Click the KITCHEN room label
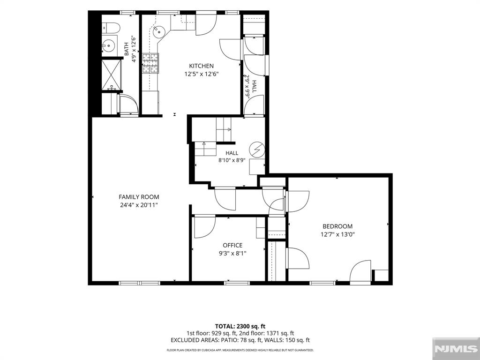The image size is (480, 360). coord(201,66)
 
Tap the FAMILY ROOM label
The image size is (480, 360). coord(139,197)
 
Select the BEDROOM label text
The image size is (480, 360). coord(337,226)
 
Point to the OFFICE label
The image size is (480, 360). coord(232,245)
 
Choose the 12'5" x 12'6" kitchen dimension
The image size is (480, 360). coord(202,74)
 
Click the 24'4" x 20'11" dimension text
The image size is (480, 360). coord(139,205)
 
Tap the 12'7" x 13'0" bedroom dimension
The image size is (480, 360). coord(337,234)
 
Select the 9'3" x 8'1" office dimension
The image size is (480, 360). coord(232,253)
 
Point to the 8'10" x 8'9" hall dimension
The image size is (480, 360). coord(232,160)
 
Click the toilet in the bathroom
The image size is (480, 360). coord(111,28)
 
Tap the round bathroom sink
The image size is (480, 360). coord(108,46)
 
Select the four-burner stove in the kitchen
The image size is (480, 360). coord(150,63)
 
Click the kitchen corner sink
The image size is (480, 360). coord(159,31)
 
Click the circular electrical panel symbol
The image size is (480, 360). coord(257,150)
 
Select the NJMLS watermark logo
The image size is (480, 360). coord(456,349)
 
